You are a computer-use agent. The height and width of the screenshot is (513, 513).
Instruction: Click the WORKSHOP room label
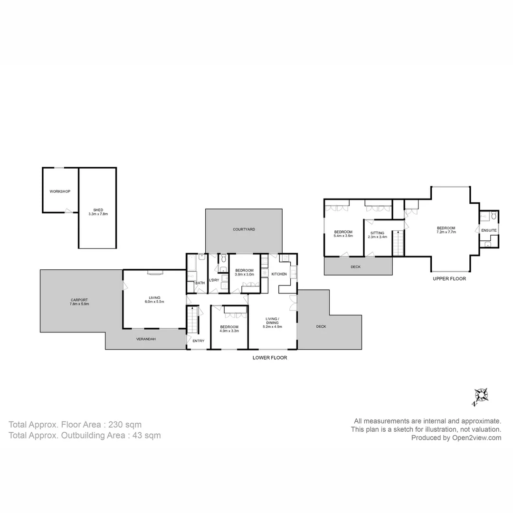click(60, 191)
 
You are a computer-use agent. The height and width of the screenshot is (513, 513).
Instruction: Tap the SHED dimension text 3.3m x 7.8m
click(98, 214)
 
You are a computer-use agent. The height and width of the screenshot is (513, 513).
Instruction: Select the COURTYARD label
click(244, 229)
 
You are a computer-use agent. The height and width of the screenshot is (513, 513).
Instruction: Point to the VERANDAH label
click(146, 339)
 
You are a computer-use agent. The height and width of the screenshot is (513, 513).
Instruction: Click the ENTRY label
click(199, 341)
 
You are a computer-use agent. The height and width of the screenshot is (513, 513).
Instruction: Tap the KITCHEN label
click(279, 274)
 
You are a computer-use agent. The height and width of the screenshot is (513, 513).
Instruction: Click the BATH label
click(200, 283)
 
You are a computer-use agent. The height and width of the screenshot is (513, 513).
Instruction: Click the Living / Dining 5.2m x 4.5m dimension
click(272, 326)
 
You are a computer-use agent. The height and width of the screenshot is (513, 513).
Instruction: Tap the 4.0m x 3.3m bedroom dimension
click(229, 331)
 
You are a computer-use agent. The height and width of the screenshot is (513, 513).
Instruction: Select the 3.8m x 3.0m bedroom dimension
click(244, 274)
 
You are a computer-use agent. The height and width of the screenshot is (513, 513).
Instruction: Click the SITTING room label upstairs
click(377, 233)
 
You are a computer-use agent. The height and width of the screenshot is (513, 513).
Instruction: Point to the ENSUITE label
click(489, 230)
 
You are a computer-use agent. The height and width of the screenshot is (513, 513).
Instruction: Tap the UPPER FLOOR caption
click(449, 279)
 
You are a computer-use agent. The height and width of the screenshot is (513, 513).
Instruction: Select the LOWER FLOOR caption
click(269, 358)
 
